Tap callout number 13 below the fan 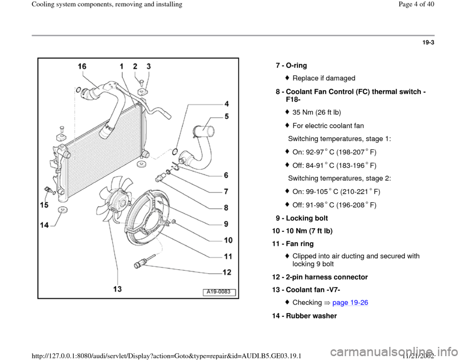tap(117, 289)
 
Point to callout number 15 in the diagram tap(44, 206)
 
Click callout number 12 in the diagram tap(227, 272)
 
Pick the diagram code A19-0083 tap(219, 292)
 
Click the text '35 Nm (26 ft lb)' tap(316, 113)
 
